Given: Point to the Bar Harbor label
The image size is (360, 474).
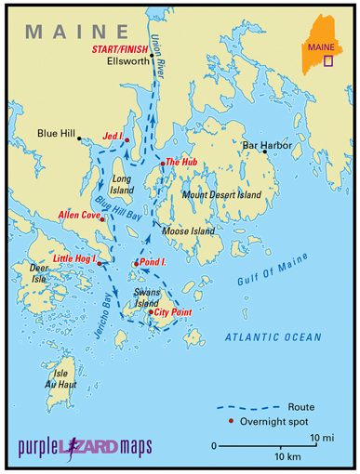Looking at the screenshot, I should coord(267,145).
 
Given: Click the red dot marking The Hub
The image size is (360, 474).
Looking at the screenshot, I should coord(162,165).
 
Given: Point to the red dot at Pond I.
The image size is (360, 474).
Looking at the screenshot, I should coord(136,265).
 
